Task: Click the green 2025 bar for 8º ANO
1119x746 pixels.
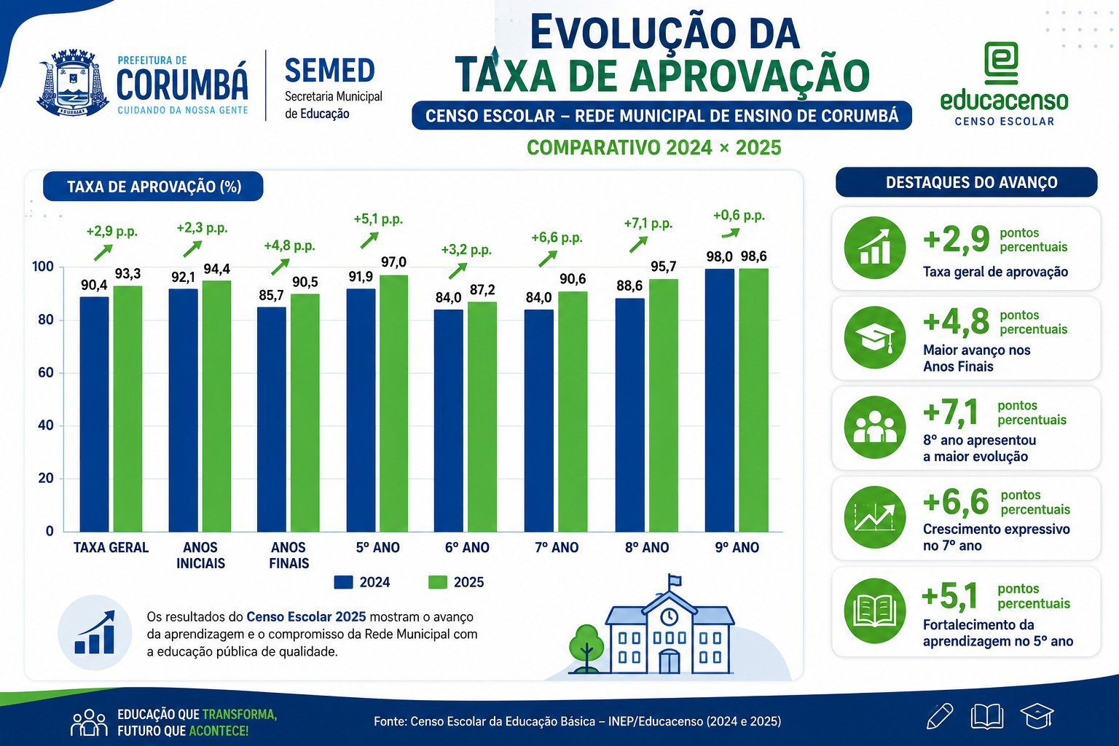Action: [x=664, y=405]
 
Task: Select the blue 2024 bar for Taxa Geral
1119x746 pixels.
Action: [x=95, y=415]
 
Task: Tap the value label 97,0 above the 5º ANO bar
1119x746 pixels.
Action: [x=393, y=262]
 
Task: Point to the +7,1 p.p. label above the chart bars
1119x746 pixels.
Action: [x=648, y=224]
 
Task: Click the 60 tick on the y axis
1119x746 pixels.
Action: [x=45, y=372]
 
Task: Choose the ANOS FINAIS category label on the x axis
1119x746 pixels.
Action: [x=288, y=555]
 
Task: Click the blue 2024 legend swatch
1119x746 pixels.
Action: [x=344, y=582]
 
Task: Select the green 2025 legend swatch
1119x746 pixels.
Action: [x=438, y=582]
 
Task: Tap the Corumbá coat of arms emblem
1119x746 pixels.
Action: [x=73, y=83]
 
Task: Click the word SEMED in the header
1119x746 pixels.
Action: [x=330, y=71]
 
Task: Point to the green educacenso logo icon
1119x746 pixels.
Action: [x=1000, y=63]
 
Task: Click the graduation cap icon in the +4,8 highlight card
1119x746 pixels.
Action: [x=875, y=338]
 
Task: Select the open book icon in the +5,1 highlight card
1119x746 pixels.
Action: [x=875, y=610]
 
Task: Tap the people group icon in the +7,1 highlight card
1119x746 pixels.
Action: [x=875, y=427]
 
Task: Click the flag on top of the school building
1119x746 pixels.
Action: [x=675, y=581]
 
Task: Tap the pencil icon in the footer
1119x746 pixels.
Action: [x=940, y=717]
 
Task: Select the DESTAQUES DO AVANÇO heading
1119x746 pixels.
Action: [x=972, y=182]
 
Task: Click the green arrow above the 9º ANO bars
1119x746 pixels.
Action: [x=731, y=233]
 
